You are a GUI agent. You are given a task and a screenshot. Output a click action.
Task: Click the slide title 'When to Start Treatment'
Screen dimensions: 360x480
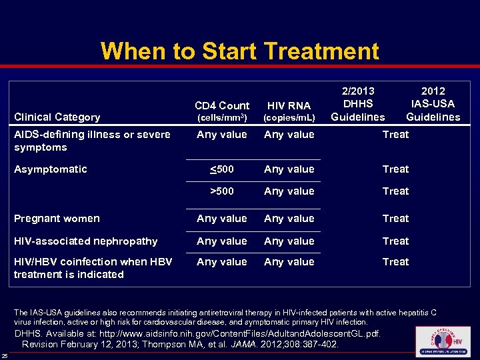[239, 51]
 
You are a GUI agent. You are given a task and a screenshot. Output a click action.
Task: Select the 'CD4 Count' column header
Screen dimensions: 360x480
[222, 105]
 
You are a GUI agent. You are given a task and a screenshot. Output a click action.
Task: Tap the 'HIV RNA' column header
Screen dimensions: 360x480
[289, 105]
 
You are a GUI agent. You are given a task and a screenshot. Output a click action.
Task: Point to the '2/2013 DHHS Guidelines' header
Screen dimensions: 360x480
[358, 103]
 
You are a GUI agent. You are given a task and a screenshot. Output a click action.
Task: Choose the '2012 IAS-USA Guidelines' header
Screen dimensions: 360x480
[433, 103]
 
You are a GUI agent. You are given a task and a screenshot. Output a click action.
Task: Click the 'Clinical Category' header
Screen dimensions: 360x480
[57, 117]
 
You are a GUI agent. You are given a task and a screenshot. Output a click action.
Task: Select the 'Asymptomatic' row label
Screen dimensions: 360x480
[50, 169]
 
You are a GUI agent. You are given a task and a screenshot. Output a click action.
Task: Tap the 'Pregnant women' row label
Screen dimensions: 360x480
[57, 218]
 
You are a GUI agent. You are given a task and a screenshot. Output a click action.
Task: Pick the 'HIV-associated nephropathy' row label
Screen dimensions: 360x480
[85, 241]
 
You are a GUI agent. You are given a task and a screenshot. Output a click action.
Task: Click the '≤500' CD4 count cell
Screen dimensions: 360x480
[222, 169]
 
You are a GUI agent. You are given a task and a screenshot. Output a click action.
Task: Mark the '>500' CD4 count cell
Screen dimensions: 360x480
[222, 191]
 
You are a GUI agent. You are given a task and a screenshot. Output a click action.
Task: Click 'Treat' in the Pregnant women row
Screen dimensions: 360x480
[395, 218]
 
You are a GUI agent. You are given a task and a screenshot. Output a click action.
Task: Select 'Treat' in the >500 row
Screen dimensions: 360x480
[395, 191]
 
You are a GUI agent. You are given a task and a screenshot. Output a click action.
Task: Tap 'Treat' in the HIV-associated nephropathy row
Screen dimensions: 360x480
[395, 241]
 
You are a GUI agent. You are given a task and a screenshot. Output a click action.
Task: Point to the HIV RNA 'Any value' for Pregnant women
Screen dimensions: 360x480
[289, 218]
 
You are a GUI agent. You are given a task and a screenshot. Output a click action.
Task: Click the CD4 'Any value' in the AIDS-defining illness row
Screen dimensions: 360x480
[222, 134]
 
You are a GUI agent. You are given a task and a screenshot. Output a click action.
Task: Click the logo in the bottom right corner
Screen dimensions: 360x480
[442, 341]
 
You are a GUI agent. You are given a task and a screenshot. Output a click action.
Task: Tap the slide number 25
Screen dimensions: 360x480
[5, 355]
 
